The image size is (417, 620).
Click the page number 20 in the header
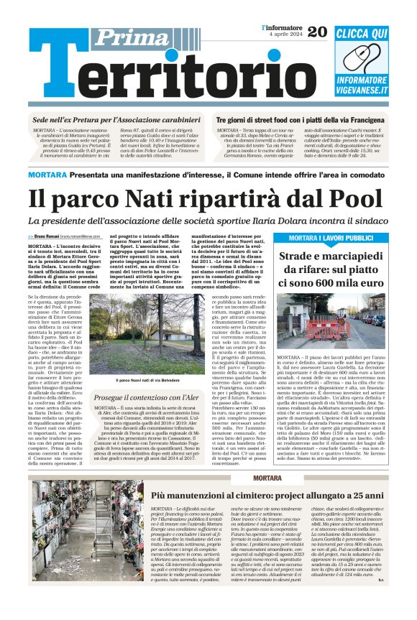tap(316, 32)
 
